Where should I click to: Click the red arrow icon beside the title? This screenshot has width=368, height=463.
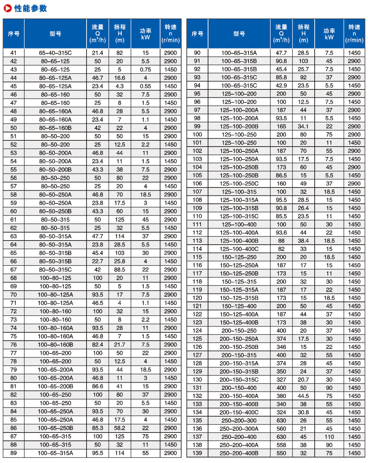coord(8,8)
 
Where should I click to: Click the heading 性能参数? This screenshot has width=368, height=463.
coord(30,8)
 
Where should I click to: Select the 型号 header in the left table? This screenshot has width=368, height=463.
coord(55,34)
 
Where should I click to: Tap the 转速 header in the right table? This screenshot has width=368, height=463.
coord(354,33)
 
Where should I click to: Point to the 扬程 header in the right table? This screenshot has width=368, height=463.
coord(303,33)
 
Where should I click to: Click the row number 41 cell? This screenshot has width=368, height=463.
coord(14,53)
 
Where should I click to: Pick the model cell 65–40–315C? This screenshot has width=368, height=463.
coord(55,53)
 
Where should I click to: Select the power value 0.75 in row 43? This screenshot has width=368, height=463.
coord(145,70)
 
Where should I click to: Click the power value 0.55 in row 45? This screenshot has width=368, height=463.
coord(145,86)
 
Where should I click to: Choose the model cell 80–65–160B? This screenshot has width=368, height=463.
coord(55,128)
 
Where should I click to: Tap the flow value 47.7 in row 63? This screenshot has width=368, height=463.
coord(98,236)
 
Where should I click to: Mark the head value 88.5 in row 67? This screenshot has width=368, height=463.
coord(119,270)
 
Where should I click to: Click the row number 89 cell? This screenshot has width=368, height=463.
coord(14,453)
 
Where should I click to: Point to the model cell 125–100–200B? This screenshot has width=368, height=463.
coord(239,126)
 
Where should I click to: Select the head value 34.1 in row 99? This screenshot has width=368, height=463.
coord(303,126)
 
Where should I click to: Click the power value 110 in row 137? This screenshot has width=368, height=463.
coord(329,437)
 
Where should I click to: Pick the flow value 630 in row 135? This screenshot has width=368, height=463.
coord(281,421)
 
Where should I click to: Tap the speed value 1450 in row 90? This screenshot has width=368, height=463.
coord(354,53)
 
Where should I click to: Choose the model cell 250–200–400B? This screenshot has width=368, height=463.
coord(239,453)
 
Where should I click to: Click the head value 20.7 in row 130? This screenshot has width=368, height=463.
coord(303,380)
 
